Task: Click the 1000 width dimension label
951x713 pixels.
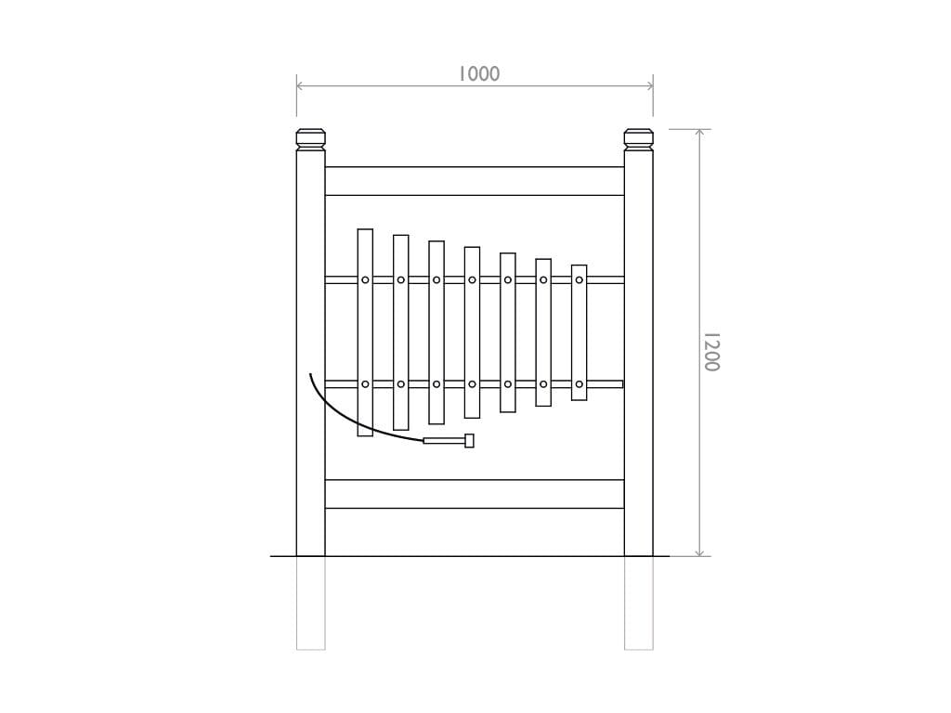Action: coord(478,74)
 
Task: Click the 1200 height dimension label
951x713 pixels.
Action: coord(710,352)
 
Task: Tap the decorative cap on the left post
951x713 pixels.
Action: coord(310,139)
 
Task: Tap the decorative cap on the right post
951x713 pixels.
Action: coord(638,139)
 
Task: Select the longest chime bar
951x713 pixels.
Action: coord(365,332)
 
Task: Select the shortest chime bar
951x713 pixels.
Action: coord(579,332)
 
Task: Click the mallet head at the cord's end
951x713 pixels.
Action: coord(469,441)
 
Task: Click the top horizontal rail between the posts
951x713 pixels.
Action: coord(475,181)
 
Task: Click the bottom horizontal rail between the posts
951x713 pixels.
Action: coord(475,494)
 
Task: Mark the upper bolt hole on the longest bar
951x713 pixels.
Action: coord(365,279)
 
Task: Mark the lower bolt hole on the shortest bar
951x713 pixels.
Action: coord(579,384)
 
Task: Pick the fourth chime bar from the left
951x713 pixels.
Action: coord(472,332)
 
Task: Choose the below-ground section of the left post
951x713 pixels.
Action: coord(310,603)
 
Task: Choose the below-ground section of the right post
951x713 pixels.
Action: coord(638,603)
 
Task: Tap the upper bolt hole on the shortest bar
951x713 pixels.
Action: coord(579,279)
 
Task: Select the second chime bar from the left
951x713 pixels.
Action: coord(400,332)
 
